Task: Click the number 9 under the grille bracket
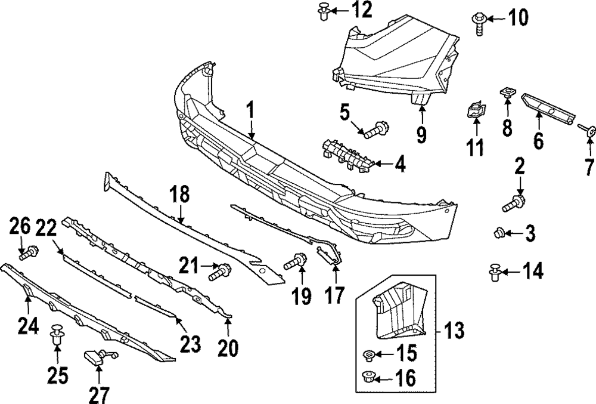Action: click(x=421, y=135)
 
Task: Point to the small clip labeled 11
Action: click(x=475, y=112)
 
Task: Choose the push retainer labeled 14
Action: click(x=494, y=273)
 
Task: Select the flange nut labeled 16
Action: click(x=368, y=377)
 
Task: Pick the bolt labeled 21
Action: click(x=219, y=272)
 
